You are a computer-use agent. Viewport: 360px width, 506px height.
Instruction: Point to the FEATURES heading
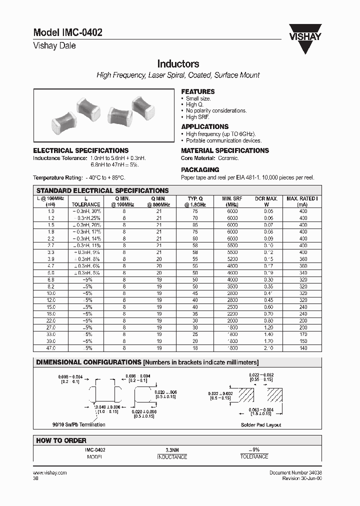197,91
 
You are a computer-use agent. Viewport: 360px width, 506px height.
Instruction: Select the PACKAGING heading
200,169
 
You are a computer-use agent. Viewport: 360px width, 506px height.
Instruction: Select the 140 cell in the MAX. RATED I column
302,347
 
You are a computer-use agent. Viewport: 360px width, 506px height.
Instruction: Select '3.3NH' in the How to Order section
172,450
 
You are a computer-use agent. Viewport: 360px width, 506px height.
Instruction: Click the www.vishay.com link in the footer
49,472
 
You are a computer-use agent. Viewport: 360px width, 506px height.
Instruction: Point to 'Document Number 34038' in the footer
296,472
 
